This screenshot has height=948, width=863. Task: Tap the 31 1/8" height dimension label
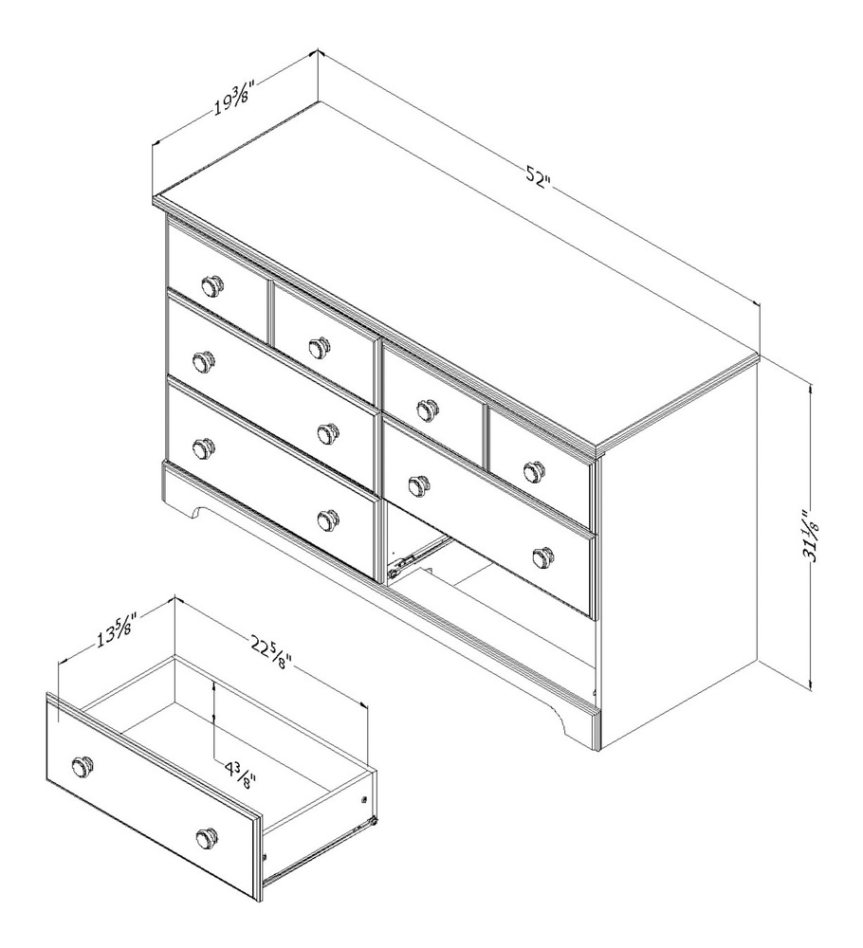tap(813, 537)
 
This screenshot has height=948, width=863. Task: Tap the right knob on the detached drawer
tap(207, 838)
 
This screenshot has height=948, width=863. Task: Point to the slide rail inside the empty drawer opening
tap(417, 556)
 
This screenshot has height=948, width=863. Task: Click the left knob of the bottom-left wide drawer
tap(202, 447)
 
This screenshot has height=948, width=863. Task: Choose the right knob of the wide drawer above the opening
tap(543, 556)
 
